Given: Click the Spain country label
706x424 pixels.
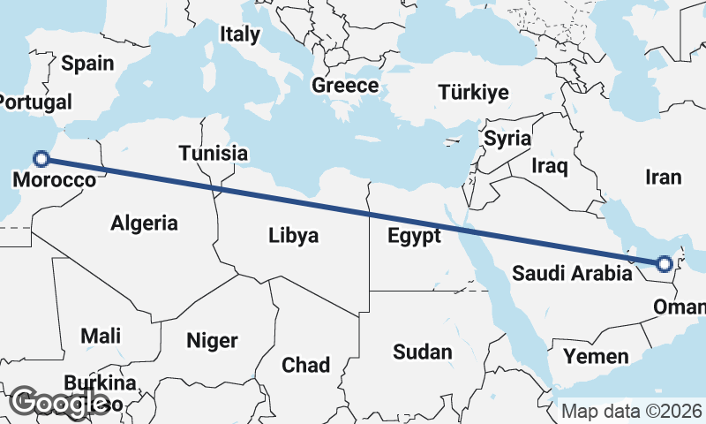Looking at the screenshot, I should (x=88, y=63).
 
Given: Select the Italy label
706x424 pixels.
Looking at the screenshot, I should (x=240, y=34).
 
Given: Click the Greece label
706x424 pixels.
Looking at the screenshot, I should (x=345, y=86).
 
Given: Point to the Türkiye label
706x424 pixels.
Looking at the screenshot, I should (x=475, y=93).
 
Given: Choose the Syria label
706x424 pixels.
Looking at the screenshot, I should (x=507, y=139).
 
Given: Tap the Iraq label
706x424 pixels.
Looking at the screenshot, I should (x=550, y=165).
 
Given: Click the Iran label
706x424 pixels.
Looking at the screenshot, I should (x=663, y=178).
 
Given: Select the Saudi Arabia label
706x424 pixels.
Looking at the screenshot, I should (x=573, y=273).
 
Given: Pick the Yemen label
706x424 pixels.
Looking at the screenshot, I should (x=597, y=357).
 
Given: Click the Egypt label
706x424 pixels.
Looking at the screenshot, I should (x=414, y=236).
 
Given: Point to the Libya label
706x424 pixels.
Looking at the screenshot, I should (x=294, y=236).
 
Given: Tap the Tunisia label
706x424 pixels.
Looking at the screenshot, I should (x=213, y=153).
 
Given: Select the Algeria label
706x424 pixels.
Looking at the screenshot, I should (x=144, y=223).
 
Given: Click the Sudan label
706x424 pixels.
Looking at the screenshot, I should (x=422, y=352).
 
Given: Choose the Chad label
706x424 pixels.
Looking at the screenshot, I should (x=305, y=364).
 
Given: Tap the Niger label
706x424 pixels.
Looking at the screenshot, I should (x=212, y=340).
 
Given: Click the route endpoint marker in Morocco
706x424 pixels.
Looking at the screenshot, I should (x=41, y=159).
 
